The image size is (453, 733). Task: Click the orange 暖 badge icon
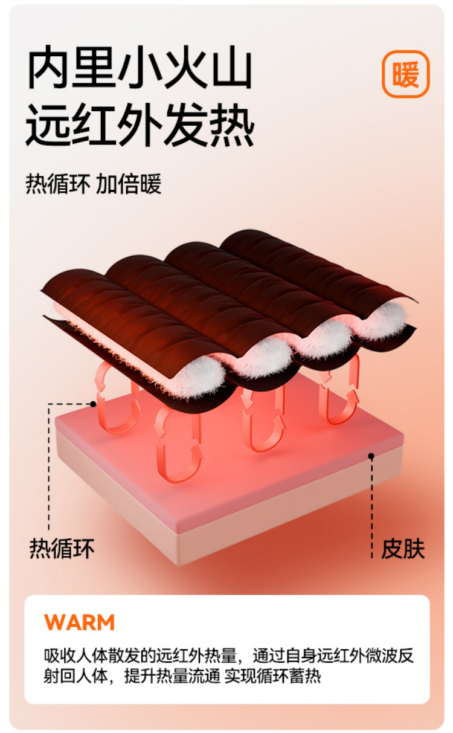click(405, 74)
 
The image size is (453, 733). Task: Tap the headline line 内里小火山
click(139, 70)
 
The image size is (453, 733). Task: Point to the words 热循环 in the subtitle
click(58, 184)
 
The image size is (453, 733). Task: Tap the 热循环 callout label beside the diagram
click(62, 549)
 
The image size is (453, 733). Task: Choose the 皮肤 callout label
click(403, 549)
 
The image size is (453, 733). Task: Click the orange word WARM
click(79, 622)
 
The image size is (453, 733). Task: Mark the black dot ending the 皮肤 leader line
click(371, 454)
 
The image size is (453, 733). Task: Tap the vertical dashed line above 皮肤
click(371, 502)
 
